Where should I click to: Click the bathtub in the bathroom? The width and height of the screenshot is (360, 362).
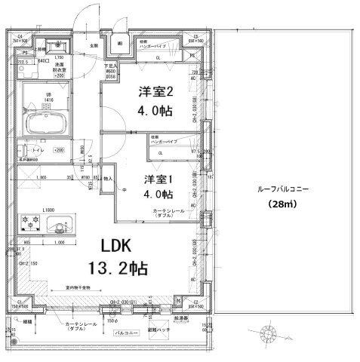coord(46,124)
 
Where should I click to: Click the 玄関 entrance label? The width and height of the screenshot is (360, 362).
coord(95,47)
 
